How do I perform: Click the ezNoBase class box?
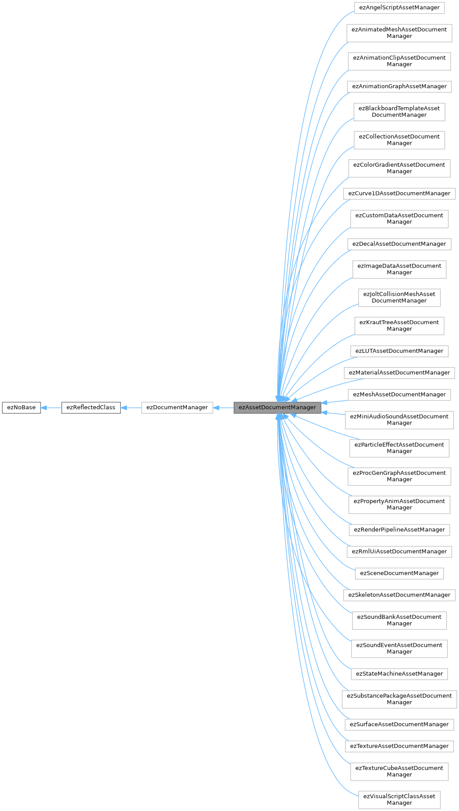(x=21, y=407)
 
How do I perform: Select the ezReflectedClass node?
(x=91, y=407)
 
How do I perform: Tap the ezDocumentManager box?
(x=177, y=407)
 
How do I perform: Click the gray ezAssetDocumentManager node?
(x=277, y=407)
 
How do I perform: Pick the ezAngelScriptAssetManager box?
(x=399, y=7)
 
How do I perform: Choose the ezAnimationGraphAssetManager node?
(x=399, y=86)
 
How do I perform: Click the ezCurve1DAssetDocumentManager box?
(x=399, y=194)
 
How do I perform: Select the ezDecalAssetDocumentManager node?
(x=399, y=244)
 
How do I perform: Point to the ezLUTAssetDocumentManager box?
(x=399, y=351)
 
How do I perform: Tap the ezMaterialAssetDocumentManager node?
(x=399, y=373)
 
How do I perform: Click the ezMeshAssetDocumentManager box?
(x=399, y=395)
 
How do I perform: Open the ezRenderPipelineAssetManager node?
(x=399, y=530)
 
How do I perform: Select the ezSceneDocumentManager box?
(x=399, y=573)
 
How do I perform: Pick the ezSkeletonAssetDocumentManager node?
(x=399, y=595)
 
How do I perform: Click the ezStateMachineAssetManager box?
(x=399, y=674)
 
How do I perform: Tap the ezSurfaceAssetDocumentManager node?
(x=399, y=724)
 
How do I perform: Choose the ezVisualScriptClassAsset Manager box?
(x=399, y=800)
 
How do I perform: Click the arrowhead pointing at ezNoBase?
(x=44, y=408)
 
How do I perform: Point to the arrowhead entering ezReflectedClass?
(x=124, y=408)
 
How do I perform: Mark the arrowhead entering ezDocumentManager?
(x=216, y=408)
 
